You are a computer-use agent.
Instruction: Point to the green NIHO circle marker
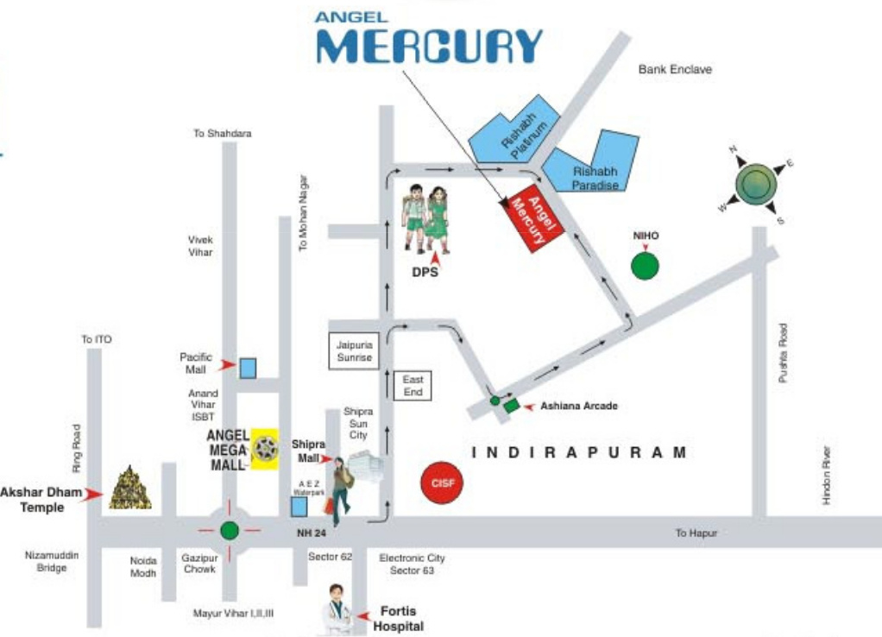(645, 266)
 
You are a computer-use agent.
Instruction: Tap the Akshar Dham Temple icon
(131, 488)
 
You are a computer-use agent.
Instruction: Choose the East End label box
(413, 386)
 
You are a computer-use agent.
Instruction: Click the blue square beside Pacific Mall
(248, 368)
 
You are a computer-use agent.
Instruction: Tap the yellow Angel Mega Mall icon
(265, 448)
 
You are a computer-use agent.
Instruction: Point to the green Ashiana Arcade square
(512, 405)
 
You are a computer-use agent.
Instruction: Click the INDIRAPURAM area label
(580, 452)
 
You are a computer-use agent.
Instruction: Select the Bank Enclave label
(675, 69)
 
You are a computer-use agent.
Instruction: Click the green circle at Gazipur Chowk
(229, 530)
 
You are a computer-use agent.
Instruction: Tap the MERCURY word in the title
(429, 47)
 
